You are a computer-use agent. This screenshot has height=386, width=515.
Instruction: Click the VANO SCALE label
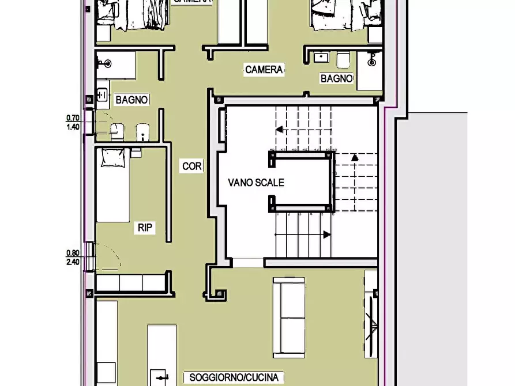point(256,183)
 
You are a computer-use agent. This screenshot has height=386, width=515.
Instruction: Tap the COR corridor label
point(192,166)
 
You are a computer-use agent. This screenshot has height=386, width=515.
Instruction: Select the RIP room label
point(145,228)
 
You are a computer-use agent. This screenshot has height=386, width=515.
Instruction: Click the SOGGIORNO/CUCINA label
point(234,377)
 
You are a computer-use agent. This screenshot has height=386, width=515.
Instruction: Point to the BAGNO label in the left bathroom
point(132,100)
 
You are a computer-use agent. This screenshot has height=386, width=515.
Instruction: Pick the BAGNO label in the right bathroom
point(337,78)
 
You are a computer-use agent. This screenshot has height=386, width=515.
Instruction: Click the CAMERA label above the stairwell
point(264,70)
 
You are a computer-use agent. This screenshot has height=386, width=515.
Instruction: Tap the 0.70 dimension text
point(73,118)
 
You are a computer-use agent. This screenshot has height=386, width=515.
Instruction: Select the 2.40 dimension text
point(73,261)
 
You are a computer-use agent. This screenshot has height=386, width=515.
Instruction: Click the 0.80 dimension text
point(73,252)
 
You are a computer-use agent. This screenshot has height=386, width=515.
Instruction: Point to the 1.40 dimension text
point(73,126)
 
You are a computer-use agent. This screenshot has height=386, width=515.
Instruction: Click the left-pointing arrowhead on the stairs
point(279,130)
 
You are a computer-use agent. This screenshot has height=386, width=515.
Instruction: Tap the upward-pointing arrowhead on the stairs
point(355,157)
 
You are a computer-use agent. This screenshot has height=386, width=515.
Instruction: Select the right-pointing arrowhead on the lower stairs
point(327,234)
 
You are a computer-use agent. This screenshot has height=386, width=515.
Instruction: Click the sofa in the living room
point(288,316)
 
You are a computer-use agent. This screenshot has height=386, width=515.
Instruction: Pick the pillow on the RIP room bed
point(114,157)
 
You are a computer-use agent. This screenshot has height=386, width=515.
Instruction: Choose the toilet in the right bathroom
point(343,59)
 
